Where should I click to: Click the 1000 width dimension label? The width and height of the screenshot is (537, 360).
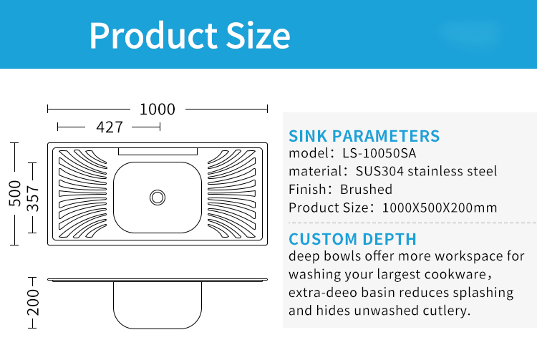[158, 110]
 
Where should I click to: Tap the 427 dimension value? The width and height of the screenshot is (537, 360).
[110, 127]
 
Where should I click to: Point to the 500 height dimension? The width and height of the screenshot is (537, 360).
[15, 193]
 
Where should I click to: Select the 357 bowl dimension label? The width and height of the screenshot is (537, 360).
[33, 198]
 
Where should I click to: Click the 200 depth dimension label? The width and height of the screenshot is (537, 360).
[33, 303]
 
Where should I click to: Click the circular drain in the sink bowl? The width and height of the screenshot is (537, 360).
[158, 198]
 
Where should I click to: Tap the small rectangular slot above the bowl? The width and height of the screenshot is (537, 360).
[158, 152]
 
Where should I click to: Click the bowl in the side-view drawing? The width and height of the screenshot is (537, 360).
[158, 305]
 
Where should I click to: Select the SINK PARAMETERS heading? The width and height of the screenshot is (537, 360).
[364, 136]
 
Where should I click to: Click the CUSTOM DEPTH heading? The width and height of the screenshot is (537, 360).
[352, 239]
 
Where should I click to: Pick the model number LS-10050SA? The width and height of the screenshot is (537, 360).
[379, 153]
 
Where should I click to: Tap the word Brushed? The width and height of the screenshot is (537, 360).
[366, 189]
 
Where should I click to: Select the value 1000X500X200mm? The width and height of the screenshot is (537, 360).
[440, 208]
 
